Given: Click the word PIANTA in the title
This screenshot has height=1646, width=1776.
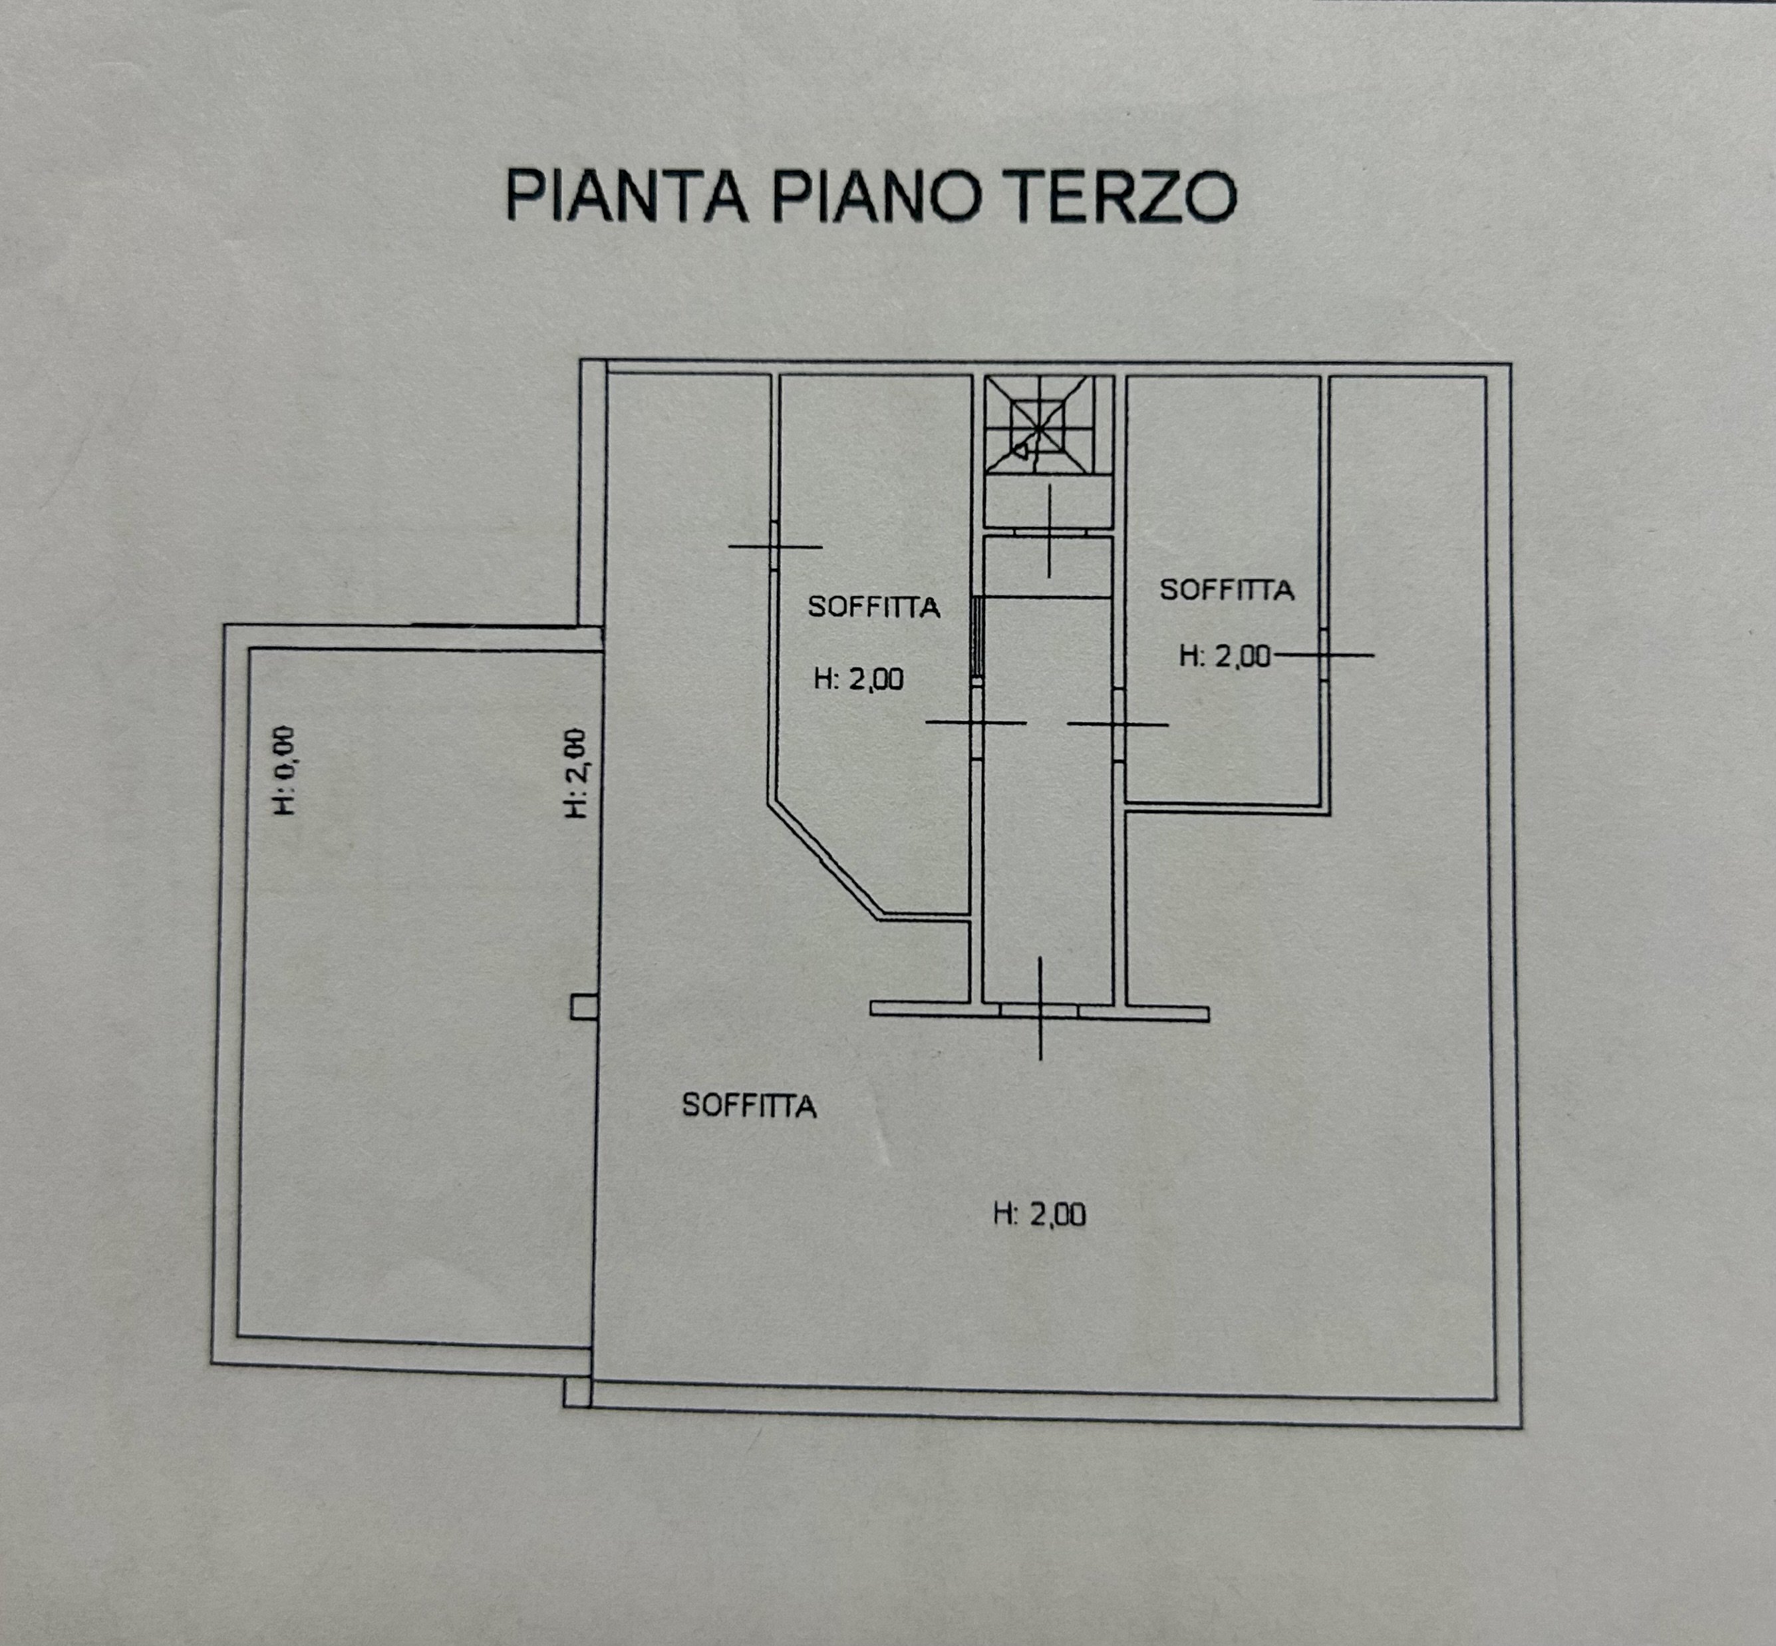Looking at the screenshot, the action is tap(626, 195).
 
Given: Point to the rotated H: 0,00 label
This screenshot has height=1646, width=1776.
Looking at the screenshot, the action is tap(284, 770).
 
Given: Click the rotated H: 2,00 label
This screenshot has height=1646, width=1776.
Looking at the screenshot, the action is tap(576, 773).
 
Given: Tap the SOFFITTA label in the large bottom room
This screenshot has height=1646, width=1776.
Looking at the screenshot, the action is tap(749, 1105).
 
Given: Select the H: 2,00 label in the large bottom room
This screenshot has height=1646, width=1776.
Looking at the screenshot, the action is tap(1040, 1214).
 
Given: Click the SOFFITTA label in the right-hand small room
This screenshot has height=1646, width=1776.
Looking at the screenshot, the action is tap(1227, 589).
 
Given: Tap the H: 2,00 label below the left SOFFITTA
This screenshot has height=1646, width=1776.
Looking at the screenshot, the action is tap(859, 679).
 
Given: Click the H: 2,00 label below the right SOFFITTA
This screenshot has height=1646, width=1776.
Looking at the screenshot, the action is tap(1225, 657).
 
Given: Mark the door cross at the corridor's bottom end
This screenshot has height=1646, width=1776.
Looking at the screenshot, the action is tap(1040, 1010).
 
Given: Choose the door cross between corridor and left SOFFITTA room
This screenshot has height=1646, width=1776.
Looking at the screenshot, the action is tap(976, 723).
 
